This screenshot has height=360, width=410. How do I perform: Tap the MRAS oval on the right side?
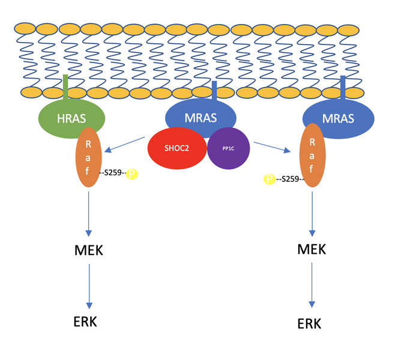pos(339,119)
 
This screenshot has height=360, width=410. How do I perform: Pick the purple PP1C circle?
pos(228,148)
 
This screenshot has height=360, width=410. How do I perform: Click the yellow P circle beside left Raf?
pos(132,174)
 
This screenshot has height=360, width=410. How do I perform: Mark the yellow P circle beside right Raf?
pos(270,179)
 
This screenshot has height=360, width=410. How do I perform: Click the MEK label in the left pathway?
pos(88,250)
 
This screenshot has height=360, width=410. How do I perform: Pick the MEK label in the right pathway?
pos(312,248)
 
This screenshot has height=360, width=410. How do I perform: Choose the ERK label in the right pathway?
pos(309,324)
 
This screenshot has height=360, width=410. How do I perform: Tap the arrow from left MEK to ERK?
pos(89,284)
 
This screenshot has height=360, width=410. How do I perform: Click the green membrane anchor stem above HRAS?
pos(65,84)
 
